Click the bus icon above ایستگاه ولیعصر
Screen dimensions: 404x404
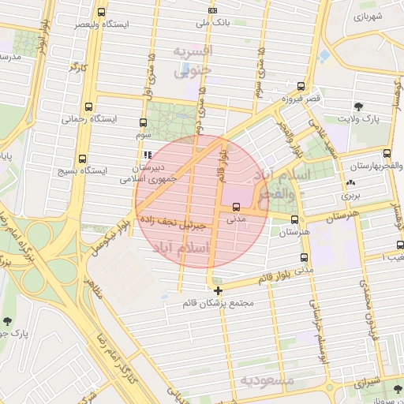tap(101, 13)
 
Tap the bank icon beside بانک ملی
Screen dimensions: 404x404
tap(211, 10)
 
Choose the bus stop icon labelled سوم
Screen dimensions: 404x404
tap(143, 122)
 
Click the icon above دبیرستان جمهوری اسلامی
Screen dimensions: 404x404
tap(148, 155)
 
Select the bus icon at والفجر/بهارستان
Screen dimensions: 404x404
tap(386, 154)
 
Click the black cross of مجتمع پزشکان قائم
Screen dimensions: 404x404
tap(218, 290)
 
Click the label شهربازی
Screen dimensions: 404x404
tap(368, 16)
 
